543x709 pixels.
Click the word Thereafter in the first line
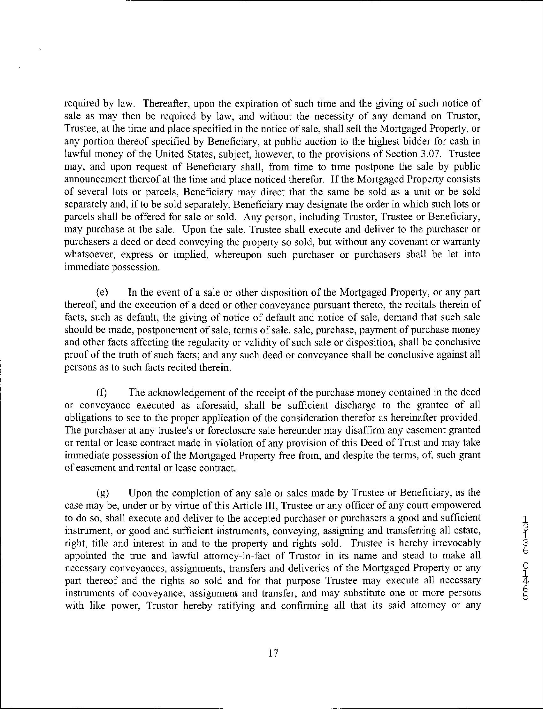tap(162, 104)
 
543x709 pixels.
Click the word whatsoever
tap(90, 255)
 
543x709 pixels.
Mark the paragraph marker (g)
tap(103, 493)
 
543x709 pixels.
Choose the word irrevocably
tap(457, 543)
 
